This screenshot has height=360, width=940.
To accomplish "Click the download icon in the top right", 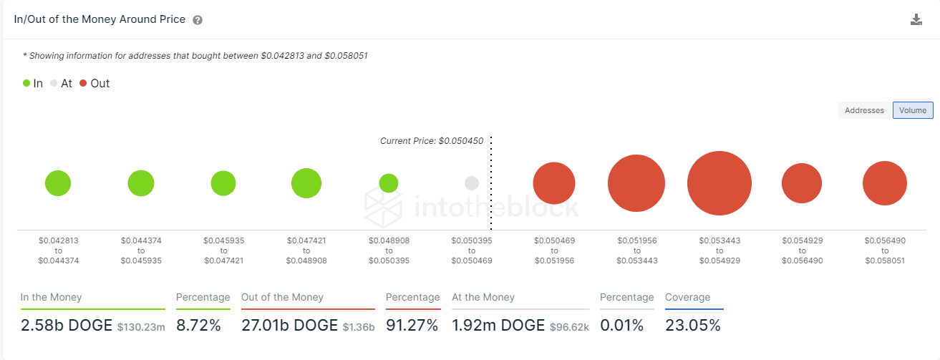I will coord(916,20).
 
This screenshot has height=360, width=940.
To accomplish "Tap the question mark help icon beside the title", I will coord(198,21).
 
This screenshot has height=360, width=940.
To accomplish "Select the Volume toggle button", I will coord(913,110).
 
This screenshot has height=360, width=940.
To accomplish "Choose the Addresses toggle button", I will coord(864,110).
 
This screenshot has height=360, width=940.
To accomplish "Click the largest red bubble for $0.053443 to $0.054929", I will coord(719,183).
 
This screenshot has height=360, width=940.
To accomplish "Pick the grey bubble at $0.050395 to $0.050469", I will coord(471,183).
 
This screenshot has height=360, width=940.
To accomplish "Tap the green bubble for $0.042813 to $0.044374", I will coord(58,183).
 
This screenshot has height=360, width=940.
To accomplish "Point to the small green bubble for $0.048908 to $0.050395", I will coord(389,183).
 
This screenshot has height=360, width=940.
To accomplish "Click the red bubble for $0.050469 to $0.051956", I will coord(554,183).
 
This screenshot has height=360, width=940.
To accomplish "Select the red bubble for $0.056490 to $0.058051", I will coord(884,183).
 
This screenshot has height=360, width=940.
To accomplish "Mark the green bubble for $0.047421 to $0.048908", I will coord(306,183).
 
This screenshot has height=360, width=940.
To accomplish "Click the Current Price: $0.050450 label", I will coord(434,141).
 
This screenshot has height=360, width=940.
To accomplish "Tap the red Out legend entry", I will coord(95,83).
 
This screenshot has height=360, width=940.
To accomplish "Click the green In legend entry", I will coord(33,83).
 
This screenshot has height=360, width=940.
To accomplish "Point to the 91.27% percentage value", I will coord(412,326).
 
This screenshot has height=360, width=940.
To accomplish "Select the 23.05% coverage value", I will coord(692,326).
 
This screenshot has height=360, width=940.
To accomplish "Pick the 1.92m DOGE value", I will coord(498,326).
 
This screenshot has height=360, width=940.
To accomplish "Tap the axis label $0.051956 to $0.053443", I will coord(636,251).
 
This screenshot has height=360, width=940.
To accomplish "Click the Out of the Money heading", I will coord(282,297).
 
